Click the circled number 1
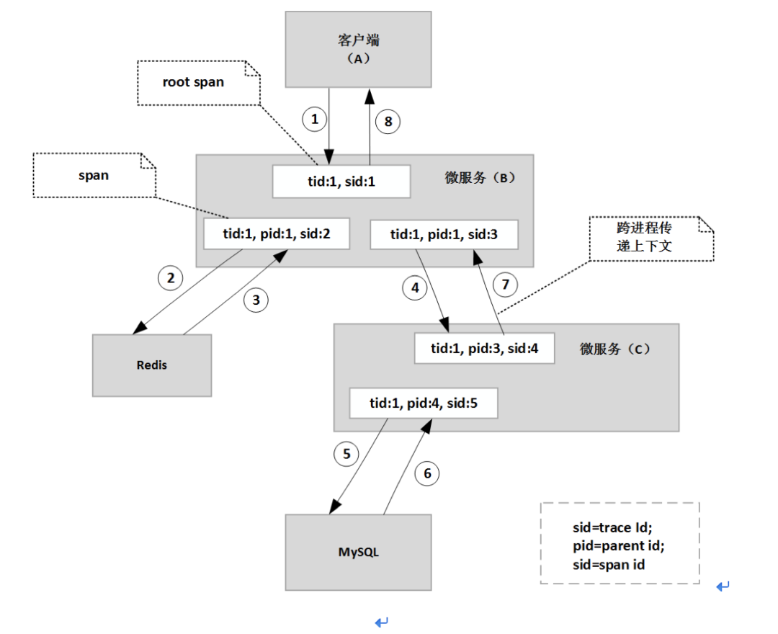(315, 119)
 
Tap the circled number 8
(388, 122)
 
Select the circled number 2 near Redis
(170, 278)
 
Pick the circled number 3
(256, 300)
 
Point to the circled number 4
(415, 287)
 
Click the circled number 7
(505, 285)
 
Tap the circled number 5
(346, 454)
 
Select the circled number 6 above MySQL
(427, 474)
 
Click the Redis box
(152, 365)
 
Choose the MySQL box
(358, 552)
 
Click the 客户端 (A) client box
(358, 50)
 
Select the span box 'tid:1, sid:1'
(341, 182)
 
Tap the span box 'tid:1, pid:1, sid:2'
(277, 233)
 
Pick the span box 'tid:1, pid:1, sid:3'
(444, 234)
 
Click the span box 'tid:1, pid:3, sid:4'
(484, 348)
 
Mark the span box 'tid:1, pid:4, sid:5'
(424, 403)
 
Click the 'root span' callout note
(199, 83)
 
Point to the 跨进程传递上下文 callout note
(651, 238)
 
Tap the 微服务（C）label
(614, 349)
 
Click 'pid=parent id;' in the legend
(618, 545)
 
